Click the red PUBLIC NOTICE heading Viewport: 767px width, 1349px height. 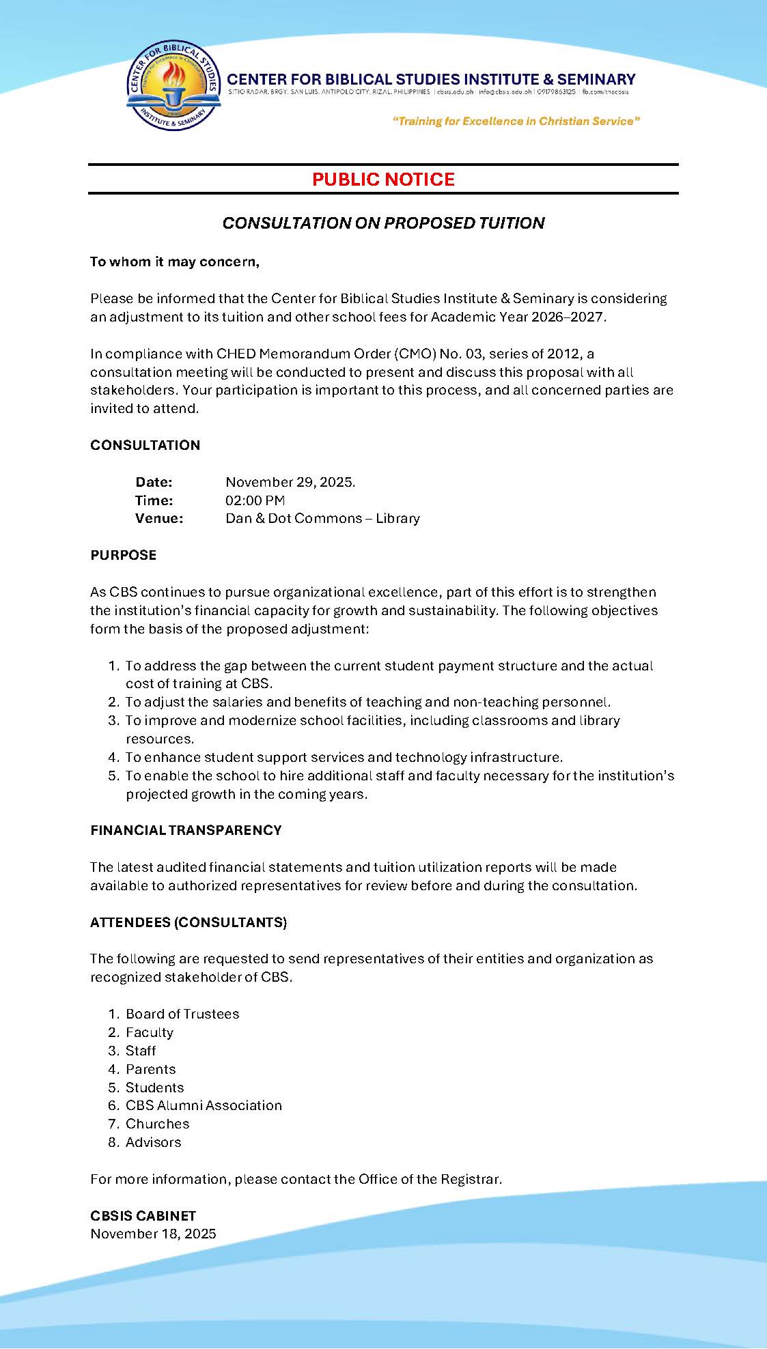point(383,180)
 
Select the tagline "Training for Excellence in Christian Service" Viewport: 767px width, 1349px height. point(516,122)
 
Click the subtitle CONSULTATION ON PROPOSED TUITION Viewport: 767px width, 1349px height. point(383,223)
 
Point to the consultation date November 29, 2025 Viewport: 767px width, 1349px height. point(290,482)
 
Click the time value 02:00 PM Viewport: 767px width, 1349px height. point(255,500)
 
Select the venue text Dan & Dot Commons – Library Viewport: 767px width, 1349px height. point(322,518)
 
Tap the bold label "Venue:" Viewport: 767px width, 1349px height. point(159,518)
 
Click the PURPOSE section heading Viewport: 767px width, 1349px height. point(124,555)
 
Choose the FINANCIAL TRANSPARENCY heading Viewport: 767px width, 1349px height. point(186,830)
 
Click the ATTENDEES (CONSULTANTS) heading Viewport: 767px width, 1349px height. point(189,922)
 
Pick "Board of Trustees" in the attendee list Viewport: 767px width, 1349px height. point(182,1014)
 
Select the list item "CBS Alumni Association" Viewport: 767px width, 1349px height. point(204,1105)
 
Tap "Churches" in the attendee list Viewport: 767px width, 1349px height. point(157,1124)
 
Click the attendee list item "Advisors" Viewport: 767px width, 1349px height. point(154,1142)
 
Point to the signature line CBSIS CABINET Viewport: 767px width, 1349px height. point(143,1216)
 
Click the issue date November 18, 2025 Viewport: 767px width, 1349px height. point(153,1234)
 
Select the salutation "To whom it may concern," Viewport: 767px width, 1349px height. point(175,262)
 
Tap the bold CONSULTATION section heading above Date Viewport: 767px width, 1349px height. point(145,445)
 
